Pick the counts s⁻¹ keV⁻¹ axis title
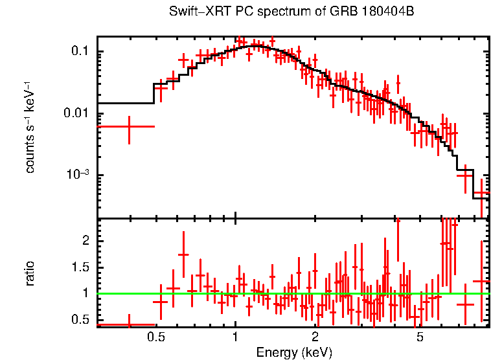[30, 128]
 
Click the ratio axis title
[30, 273]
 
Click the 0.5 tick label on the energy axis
[155, 337]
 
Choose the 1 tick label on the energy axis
[235, 337]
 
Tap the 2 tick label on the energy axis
[315, 337]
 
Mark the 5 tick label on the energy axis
[420, 337]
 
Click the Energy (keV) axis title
[293, 352]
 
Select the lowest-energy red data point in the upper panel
[129, 126]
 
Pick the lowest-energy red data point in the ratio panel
[129, 324]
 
